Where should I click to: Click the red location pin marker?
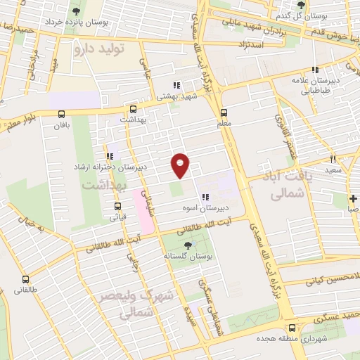[181, 165]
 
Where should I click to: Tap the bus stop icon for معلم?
[224, 112]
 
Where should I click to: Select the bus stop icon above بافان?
[61, 114]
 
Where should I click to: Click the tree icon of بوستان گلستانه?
[187, 245]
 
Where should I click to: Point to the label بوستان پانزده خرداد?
[77, 22]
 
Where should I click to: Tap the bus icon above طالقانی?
[27, 278]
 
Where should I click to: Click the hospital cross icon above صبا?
[353, 198]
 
